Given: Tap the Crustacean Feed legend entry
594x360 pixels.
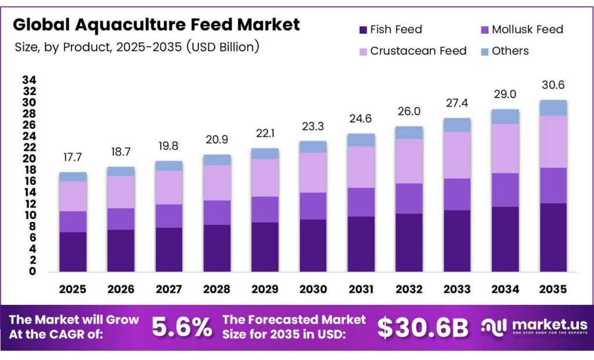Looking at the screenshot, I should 411,51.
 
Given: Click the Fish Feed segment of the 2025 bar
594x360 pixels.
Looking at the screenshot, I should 73,252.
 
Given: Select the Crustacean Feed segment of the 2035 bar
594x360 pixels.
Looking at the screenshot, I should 553,141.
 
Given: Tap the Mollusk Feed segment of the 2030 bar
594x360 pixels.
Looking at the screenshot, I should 313,206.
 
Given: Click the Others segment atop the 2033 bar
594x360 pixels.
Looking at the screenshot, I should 457,125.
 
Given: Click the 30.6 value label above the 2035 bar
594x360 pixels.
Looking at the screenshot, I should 553,85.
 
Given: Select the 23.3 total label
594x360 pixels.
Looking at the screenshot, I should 313,126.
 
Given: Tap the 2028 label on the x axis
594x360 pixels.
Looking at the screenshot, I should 217,289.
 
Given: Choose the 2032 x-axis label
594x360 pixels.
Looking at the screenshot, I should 409,289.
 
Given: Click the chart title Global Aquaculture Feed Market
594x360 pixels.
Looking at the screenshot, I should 157,24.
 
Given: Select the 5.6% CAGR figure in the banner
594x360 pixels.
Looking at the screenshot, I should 182,328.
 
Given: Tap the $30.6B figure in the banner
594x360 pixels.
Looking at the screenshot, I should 422,328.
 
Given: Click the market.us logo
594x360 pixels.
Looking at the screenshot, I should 534,327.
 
